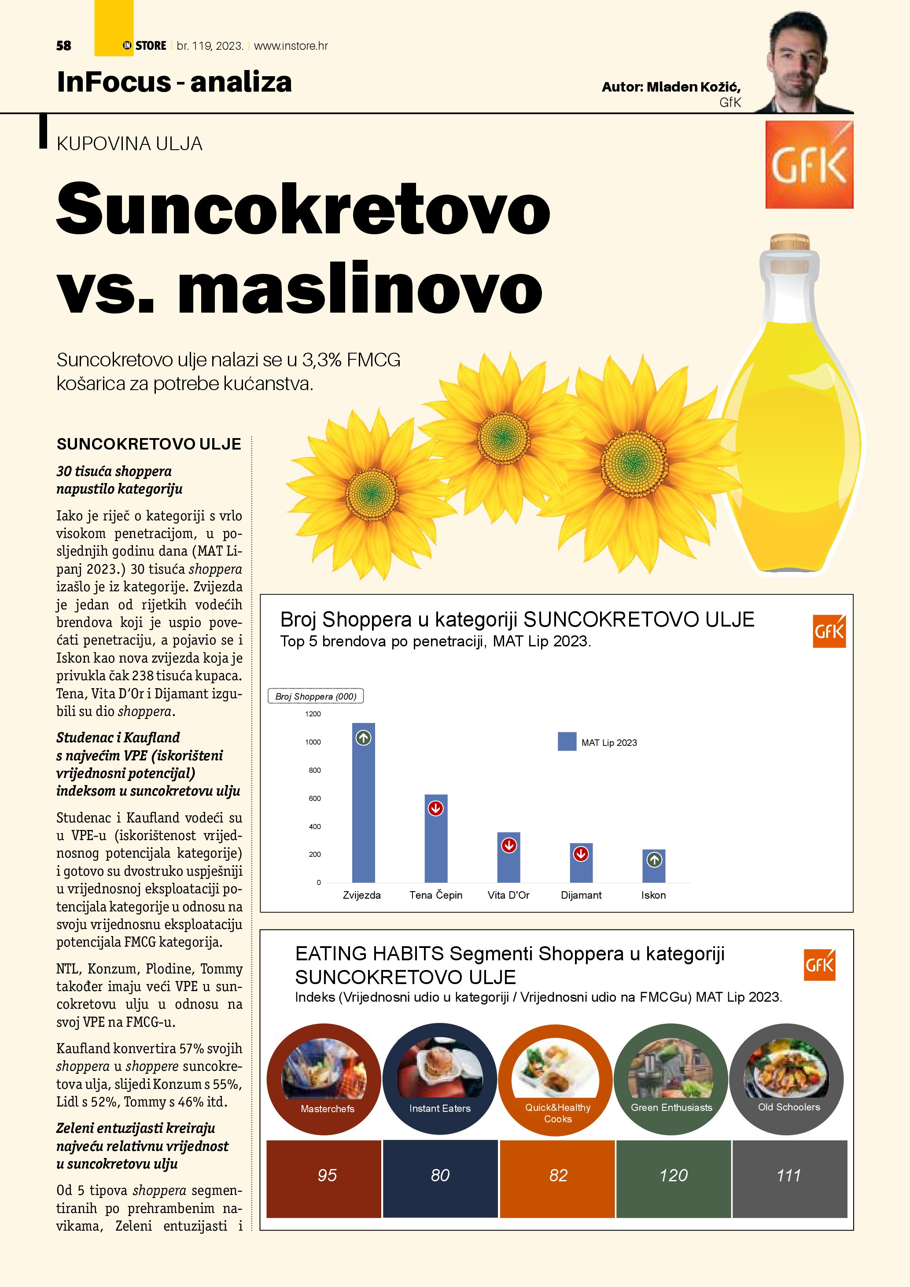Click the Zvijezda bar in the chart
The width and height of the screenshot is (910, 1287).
(363, 813)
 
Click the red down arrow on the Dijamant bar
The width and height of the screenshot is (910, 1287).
(581, 854)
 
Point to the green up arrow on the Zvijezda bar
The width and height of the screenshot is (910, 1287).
(363, 738)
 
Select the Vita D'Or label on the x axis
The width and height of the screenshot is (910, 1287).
(508, 895)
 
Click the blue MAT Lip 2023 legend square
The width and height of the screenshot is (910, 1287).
(567, 741)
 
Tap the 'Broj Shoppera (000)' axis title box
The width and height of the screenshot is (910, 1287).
(316, 696)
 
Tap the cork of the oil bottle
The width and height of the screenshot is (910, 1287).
(789, 243)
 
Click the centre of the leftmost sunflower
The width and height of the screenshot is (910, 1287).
(372, 494)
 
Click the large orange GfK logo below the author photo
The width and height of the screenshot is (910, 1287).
(809, 165)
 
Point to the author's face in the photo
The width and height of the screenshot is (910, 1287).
(797, 59)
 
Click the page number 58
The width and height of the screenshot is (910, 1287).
(64, 46)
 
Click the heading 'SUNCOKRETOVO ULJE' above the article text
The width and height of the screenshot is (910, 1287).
(148, 444)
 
